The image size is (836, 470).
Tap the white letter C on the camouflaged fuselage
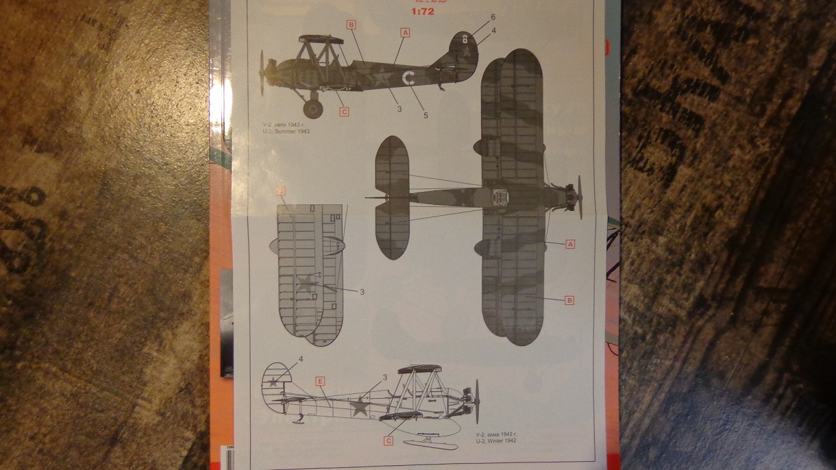(408, 78)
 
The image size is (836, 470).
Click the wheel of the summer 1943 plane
(312, 108)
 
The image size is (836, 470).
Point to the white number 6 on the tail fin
(465, 38)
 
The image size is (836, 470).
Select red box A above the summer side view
(405, 32)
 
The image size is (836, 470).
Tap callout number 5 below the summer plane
(426, 115)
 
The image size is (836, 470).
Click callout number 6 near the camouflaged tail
(493, 16)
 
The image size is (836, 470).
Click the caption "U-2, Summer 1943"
(286, 130)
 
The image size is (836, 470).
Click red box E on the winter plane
(319, 380)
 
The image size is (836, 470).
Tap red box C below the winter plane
(389, 441)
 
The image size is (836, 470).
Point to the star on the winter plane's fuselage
(358, 408)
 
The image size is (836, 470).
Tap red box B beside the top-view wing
(569, 300)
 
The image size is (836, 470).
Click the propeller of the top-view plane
(580, 197)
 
